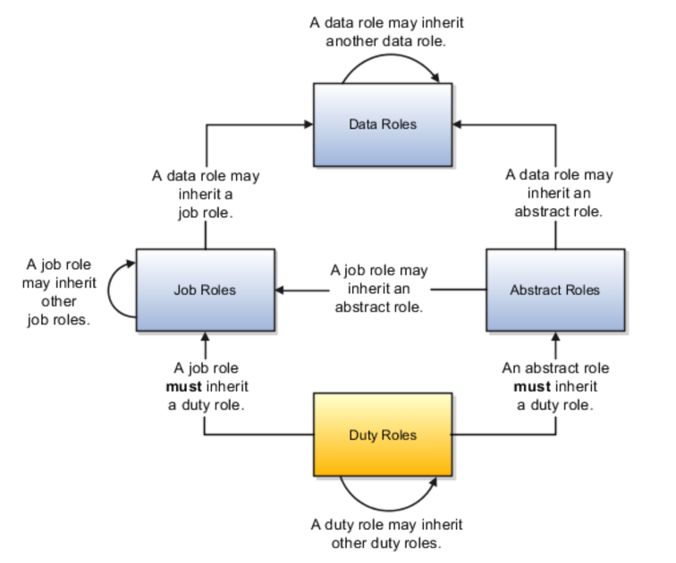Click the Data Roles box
click(x=383, y=124)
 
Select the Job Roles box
click(x=205, y=290)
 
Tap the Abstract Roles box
click(x=554, y=290)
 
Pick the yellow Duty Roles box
click(x=383, y=435)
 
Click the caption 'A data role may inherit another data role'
click(x=386, y=32)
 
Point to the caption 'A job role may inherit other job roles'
click(x=59, y=291)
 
